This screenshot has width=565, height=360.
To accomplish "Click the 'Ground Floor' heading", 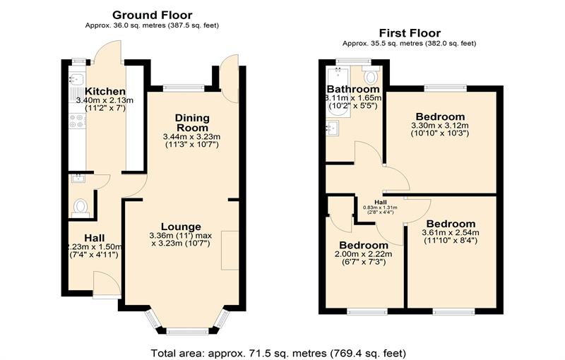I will [x=152, y=15].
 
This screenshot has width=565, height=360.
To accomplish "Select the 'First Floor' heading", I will [x=410, y=32].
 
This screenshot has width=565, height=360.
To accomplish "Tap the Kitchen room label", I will [x=105, y=92].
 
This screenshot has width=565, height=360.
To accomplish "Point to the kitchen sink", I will [x=78, y=80].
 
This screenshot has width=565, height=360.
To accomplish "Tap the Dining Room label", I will [x=191, y=121].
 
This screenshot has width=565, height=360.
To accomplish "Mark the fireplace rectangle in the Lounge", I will [x=230, y=249].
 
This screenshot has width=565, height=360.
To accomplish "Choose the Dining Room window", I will [x=184, y=88].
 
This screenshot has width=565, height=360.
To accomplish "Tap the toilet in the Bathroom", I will [x=371, y=76].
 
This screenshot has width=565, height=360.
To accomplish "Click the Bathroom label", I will [x=353, y=90].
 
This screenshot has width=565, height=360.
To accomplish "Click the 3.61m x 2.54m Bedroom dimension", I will [x=450, y=233].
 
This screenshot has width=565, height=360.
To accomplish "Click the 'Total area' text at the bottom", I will [x=279, y=352].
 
